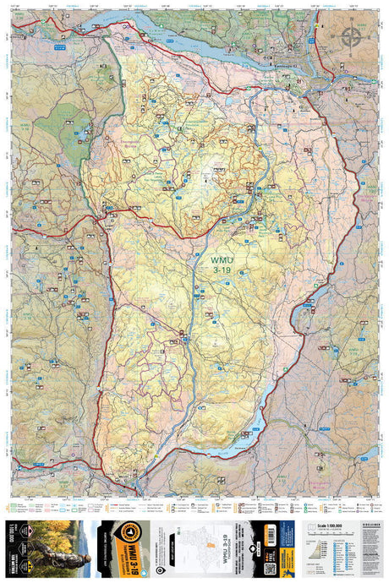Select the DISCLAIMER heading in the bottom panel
(x=359, y=525)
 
